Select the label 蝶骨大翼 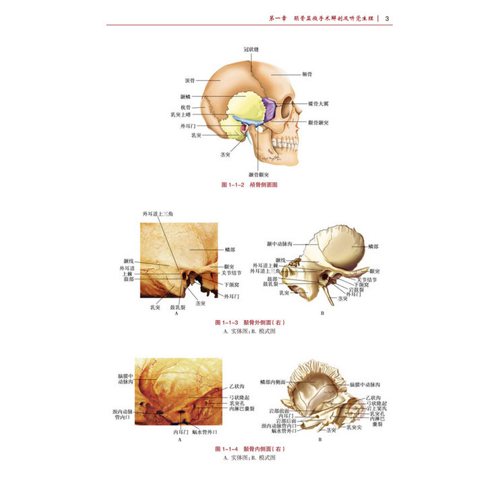[x=319, y=104]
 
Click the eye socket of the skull [x=288, y=108]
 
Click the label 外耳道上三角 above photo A [x=158, y=214]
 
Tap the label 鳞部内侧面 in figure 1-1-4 [x=278, y=381]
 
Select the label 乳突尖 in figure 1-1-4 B [x=355, y=427]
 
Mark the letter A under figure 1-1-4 [x=180, y=439]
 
